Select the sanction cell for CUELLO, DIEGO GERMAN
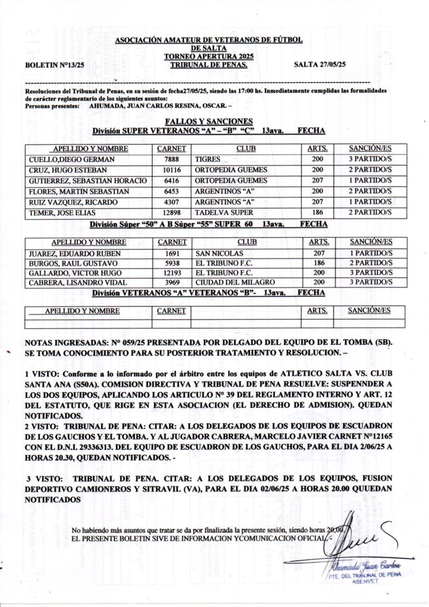coord(370,159)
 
